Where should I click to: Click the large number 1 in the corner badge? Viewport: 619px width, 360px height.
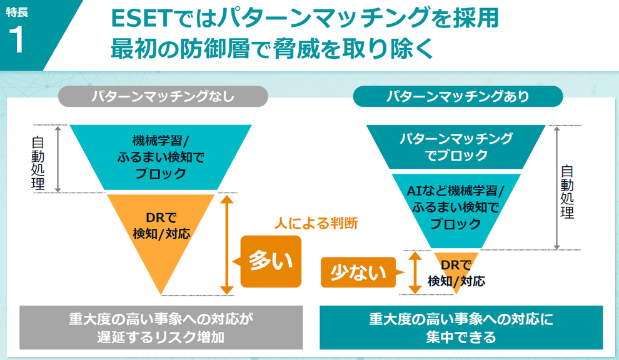tap(16, 40)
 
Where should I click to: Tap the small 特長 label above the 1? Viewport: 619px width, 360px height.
tap(17, 12)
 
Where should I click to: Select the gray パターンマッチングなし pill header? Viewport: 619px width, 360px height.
tap(163, 96)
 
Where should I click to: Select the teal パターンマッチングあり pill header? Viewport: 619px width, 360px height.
tap(458, 96)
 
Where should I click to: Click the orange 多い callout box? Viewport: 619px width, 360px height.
tap(270, 261)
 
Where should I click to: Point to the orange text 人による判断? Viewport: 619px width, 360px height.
tap(316, 223)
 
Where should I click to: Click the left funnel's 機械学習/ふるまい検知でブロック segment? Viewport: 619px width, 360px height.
tap(161, 157)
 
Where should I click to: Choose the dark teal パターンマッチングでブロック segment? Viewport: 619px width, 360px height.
tap(456, 147)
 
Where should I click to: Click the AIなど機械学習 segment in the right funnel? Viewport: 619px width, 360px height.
tap(456, 207)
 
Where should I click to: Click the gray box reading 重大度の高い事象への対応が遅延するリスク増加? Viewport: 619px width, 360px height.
tap(161, 327)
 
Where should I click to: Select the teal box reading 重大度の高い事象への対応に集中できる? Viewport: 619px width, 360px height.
tap(461, 327)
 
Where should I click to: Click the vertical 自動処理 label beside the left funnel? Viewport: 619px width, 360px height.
tap(38, 162)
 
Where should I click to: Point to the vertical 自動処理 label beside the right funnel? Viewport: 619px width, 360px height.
tap(567, 192)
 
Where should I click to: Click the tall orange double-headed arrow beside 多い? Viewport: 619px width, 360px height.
tap(226, 245)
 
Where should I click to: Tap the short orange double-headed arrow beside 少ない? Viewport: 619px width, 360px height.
tap(415, 272)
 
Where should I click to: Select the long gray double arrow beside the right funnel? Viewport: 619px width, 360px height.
tap(556, 188)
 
